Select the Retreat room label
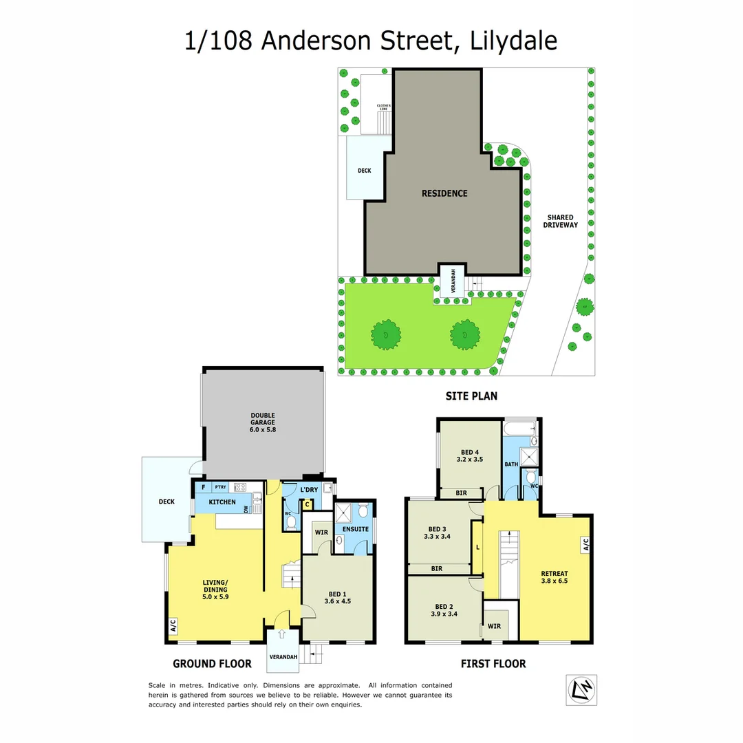554,577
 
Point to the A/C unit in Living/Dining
173,626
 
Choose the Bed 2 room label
441,610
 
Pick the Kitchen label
222,502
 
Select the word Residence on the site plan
444,193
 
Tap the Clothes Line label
383,107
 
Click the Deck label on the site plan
364,171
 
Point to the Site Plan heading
471,396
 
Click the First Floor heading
493,664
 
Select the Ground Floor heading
212,664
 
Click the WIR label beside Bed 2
495,626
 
